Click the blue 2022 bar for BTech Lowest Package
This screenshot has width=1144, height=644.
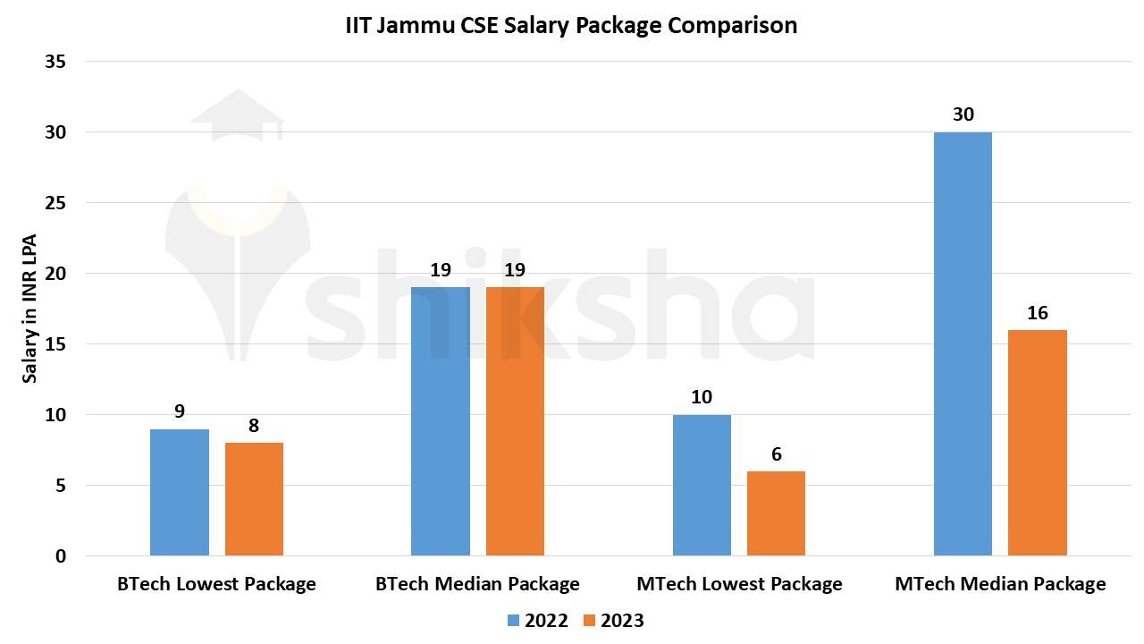pos(179,493)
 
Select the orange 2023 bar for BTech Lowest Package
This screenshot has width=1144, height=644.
pos(254,499)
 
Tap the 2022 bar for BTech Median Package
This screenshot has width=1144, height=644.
pos(440,421)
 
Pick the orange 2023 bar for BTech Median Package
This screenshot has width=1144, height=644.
pos(515,421)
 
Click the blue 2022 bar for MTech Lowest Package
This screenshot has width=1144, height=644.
pos(702,485)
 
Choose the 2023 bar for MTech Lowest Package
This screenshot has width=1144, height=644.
pos(776,513)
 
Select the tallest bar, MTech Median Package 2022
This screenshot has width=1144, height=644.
pos(963,344)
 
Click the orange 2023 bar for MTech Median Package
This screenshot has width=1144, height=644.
pos(1037,443)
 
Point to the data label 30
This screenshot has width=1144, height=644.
pos(963,114)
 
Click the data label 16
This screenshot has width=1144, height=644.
pos(1037,313)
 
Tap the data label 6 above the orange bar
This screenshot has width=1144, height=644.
pos(776,454)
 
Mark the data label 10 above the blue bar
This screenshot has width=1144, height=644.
pos(702,397)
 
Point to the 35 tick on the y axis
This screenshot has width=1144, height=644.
pos(55,62)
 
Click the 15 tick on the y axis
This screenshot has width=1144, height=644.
pos(55,344)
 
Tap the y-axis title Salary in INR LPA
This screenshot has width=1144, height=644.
pos(30,309)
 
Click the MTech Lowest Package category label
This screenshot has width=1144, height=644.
pos(739,584)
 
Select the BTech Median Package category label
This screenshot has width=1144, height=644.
pos(477,584)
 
